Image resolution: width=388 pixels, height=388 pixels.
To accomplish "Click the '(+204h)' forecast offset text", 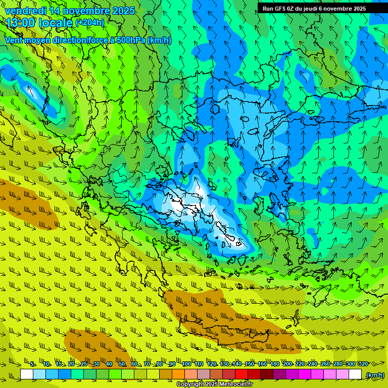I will click(89, 23).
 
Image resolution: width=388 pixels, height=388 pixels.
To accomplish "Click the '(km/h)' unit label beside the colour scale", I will click(374, 375).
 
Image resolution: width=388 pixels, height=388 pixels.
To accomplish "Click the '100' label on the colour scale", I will click(186, 364).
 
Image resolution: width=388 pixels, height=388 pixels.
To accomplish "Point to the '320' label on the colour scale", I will click(363, 364).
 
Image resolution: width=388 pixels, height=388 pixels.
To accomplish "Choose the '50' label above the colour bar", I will click(122, 364).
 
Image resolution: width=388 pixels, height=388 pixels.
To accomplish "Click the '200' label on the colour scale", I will click(287, 364).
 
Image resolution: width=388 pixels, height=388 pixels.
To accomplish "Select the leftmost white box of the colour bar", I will click(27, 374).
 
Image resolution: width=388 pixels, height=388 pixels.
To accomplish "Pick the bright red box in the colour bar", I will click(241, 374).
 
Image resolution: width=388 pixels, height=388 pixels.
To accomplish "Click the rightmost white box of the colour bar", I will click(355, 374).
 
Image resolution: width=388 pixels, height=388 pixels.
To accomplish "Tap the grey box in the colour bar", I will click(204, 374).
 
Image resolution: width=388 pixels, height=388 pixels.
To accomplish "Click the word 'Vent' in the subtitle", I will click(14, 40).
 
